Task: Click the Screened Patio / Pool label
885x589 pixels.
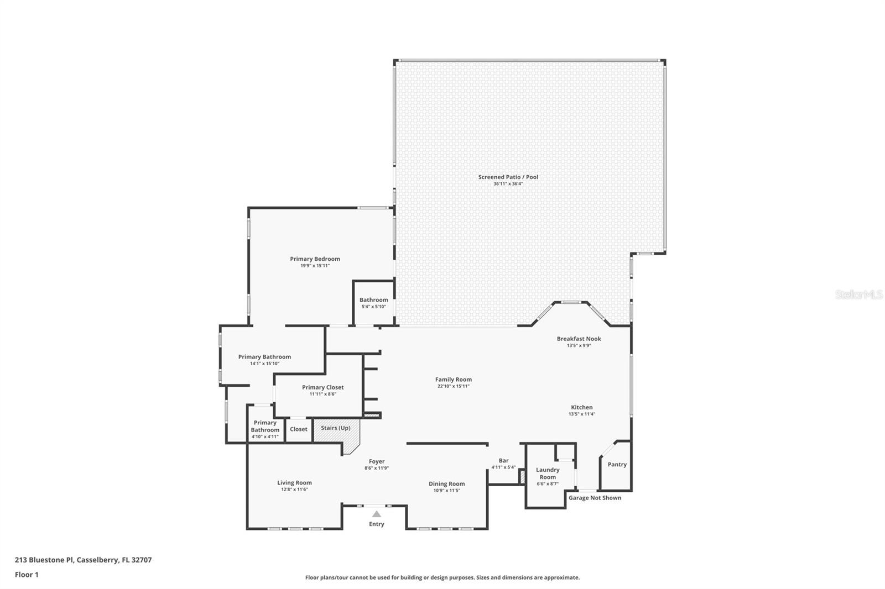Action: (x=508, y=177)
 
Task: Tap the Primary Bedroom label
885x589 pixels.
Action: (x=315, y=259)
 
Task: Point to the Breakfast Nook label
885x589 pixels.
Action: (x=579, y=339)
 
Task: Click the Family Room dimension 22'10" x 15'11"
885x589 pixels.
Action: (x=453, y=386)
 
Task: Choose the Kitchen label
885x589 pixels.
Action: (x=581, y=407)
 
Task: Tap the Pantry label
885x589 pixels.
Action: (x=617, y=465)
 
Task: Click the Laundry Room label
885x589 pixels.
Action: (x=547, y=474)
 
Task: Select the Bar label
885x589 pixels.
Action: (x=503, y=460)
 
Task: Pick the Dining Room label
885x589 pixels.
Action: (x=446, y=484)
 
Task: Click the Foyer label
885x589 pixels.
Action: (x=376, y=461)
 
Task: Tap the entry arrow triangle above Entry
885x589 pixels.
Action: (x=376, y=514)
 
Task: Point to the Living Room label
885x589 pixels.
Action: (x=294, y=483)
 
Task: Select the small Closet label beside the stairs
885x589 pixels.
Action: (x=298, y=429)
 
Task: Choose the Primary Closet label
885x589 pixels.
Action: (x=322, y=387)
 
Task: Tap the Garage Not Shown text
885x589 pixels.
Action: (x=595, y=498)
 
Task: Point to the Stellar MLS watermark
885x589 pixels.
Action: (x=858, y=295)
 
